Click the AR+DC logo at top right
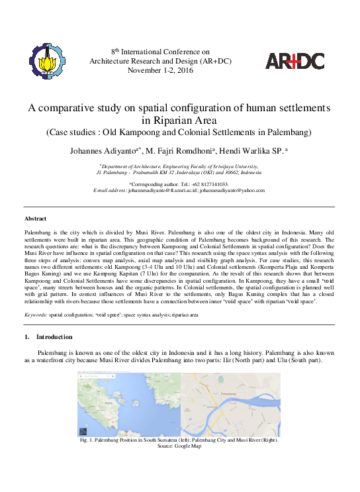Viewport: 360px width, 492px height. [x=294, y=61]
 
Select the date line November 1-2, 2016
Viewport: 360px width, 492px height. [x=161, y=70]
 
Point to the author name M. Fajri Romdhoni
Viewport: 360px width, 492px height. [x=191, y=151]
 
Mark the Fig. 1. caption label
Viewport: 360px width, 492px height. [x=87, y=440]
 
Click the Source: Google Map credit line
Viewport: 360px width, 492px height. [x=178, y=446]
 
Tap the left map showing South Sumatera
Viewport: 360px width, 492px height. [x=130, y=403]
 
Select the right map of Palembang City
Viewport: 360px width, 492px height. [x=231, y=403]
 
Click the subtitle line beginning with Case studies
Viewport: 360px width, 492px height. [x=179, y=132]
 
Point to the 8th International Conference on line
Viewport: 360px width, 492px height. [x=159, y=51]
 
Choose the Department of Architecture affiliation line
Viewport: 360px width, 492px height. [x=179, y=166]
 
